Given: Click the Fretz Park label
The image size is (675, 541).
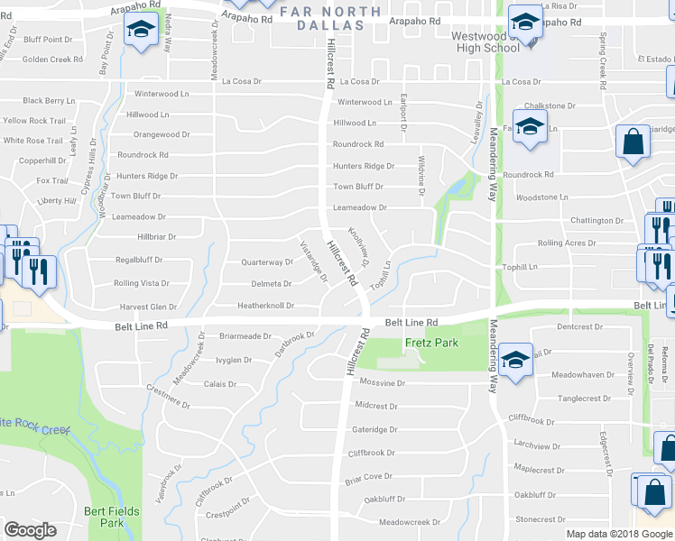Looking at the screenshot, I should coord(431,343).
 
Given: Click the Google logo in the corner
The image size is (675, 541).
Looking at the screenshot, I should coord(30,530).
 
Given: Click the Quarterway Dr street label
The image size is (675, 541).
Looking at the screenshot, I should coord(267,262).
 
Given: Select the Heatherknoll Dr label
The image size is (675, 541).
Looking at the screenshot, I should coord(265,306).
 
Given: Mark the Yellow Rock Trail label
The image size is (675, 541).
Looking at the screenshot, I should coord(34,121).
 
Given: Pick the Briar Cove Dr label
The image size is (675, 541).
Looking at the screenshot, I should coord(368,476).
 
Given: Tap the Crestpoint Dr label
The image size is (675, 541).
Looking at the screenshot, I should coord(226,515).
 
